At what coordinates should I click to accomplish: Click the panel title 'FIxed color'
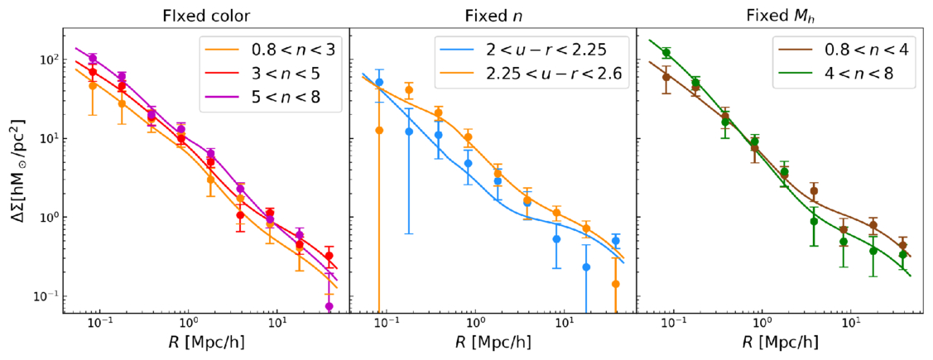(205, 15)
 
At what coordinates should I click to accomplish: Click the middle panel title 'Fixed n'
(493, 15)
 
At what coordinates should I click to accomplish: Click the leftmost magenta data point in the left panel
(94, 59)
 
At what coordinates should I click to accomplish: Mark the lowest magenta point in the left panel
(329, 306)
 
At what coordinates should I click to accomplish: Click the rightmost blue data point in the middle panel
(615, 241)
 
